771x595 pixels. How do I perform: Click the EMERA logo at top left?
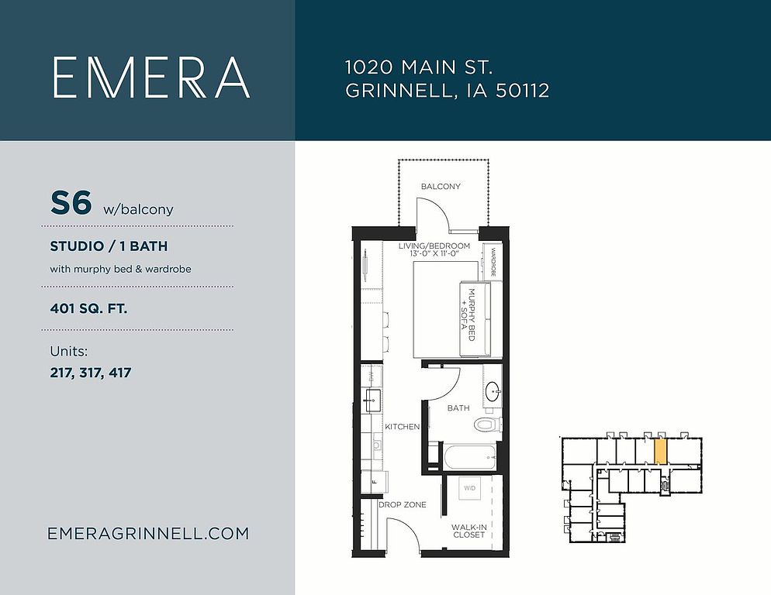(151, 77)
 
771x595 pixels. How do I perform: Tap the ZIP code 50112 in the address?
(522, 91)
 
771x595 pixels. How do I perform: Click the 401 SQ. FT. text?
(88, 308)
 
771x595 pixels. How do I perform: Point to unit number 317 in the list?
(91, 373)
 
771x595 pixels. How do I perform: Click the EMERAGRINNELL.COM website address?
(148, 534)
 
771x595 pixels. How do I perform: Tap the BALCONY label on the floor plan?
(441, 187)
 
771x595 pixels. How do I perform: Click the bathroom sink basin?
(493, 392)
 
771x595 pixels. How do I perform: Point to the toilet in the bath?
(487, 424)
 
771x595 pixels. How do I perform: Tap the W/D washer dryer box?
(469, 488)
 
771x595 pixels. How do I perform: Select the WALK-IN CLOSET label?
(469, 531)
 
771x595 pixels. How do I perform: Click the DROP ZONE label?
(403, 504)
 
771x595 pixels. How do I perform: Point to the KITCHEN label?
(403, 427)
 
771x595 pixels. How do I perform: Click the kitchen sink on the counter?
(372, 400)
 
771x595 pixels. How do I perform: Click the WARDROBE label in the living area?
(493, 262)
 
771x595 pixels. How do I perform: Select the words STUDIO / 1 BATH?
(109, 246)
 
